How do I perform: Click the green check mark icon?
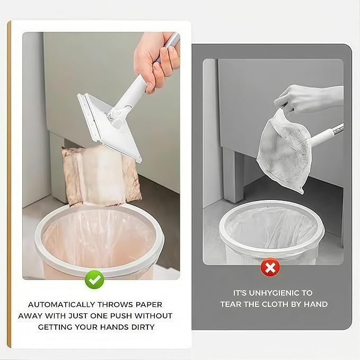coord(94,279)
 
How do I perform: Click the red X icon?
coord(270,267)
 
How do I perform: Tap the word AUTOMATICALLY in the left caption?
coord(62,305)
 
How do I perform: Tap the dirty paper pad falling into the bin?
coord(101,175)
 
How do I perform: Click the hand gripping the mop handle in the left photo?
coord(156,62)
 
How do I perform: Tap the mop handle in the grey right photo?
coord(327,135)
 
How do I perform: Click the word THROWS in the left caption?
coord(115,305)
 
